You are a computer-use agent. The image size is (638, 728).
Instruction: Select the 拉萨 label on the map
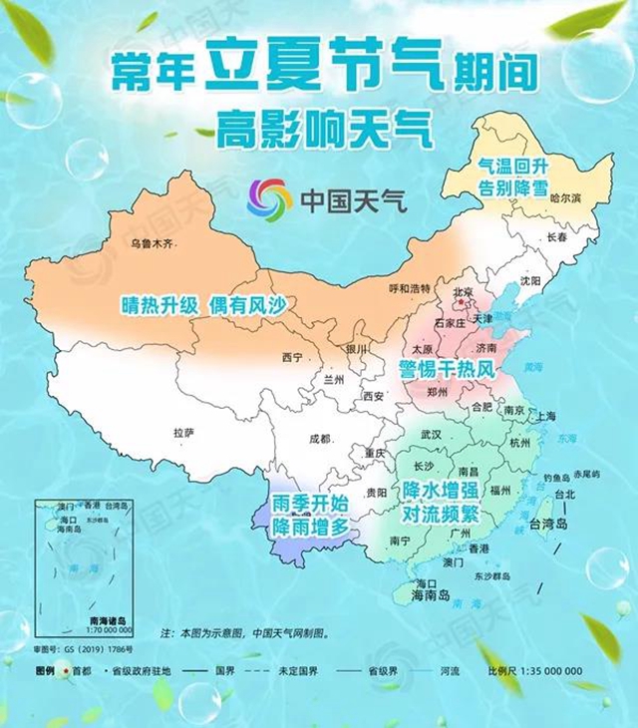tap(182, 433)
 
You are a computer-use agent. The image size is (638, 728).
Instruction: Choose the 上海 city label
tap(545, 417)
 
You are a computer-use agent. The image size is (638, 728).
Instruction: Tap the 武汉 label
tap(431, 435)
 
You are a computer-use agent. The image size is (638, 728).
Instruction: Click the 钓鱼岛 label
tap(556, 478)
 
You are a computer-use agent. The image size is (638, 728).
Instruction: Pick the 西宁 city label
tap(292, 357)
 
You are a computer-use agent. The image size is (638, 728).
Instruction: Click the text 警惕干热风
tap(448, 370)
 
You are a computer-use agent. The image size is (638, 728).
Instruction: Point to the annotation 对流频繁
tap(441, 516)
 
